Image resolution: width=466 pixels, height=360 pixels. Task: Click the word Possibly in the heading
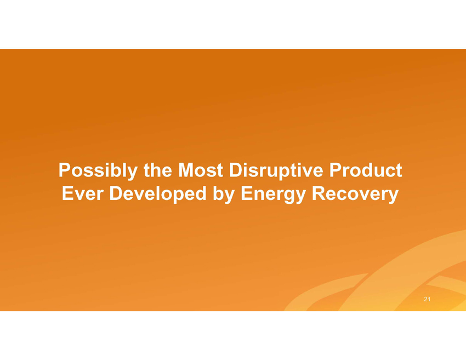click(98, 171)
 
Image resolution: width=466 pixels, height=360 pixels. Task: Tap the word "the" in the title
click(158, 170)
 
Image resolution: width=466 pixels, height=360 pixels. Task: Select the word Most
click(201, 170)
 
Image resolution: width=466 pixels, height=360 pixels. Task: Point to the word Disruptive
click(276, 171)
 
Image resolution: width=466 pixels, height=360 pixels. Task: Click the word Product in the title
click(366, 170)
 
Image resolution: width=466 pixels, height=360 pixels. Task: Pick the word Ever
click(83, 193)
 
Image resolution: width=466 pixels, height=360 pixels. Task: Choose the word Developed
click(158, 195)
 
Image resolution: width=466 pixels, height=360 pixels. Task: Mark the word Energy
click(273, 195)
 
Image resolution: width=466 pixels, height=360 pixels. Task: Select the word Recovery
click(355, 195)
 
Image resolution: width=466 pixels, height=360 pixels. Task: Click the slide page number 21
click(427, 299)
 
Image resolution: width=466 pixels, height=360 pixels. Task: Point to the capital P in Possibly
click(65, 170)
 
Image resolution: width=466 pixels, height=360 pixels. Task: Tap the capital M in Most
click(186, 170)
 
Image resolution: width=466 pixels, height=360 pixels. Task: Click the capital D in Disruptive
click(236, 170)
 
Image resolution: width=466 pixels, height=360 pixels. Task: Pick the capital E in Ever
click(67, 193)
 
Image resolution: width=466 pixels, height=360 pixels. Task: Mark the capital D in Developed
click(116, 193)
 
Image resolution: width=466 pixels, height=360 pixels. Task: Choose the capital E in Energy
click(247, 193)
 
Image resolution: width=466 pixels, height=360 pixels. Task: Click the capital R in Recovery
click(319, 193)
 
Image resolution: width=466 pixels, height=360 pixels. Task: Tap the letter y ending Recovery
click(393, 197)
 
